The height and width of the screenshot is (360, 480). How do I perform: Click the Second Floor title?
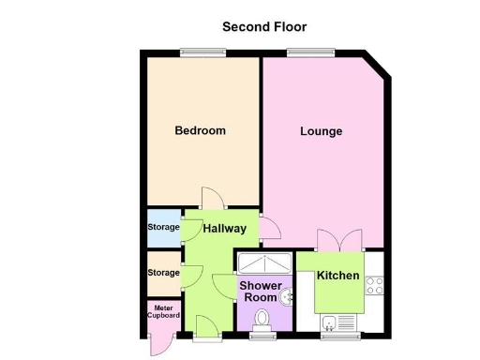pyautogui.click(x=263, y=27)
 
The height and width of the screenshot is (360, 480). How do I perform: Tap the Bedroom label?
pyautogui.click(x=200, y=131)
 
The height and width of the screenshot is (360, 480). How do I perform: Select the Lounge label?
pyautogui.click(x=321, y=131)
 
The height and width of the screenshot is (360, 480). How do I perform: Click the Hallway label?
pyautogui.click(x=225, y=229)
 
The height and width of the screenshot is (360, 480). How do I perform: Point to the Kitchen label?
pyautogui.click(x=337, y=276)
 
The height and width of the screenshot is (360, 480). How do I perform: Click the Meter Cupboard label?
pyautogui.click(x=162, y=311)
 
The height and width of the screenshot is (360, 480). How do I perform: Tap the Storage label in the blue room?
pyautogui.click(x=162, y=228)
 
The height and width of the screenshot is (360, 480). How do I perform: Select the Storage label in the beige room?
pyautogui.click(x=162, y=273)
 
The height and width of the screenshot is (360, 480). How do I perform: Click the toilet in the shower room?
pyautogui.click(x=263, y=321)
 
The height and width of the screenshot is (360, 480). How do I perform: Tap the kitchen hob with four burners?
pyautogui.click(x=374, y=283)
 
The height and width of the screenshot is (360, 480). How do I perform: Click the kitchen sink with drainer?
pyautogui.click(x=339, y=324)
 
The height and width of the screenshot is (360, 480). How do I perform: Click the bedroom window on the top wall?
pyautogui.click(x=202, y=52)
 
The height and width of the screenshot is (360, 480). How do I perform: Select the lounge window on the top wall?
pyautogui.click(x=300, y=52)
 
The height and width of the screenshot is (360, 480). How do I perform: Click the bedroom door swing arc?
pyautogui.click(x=210, y=200)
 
